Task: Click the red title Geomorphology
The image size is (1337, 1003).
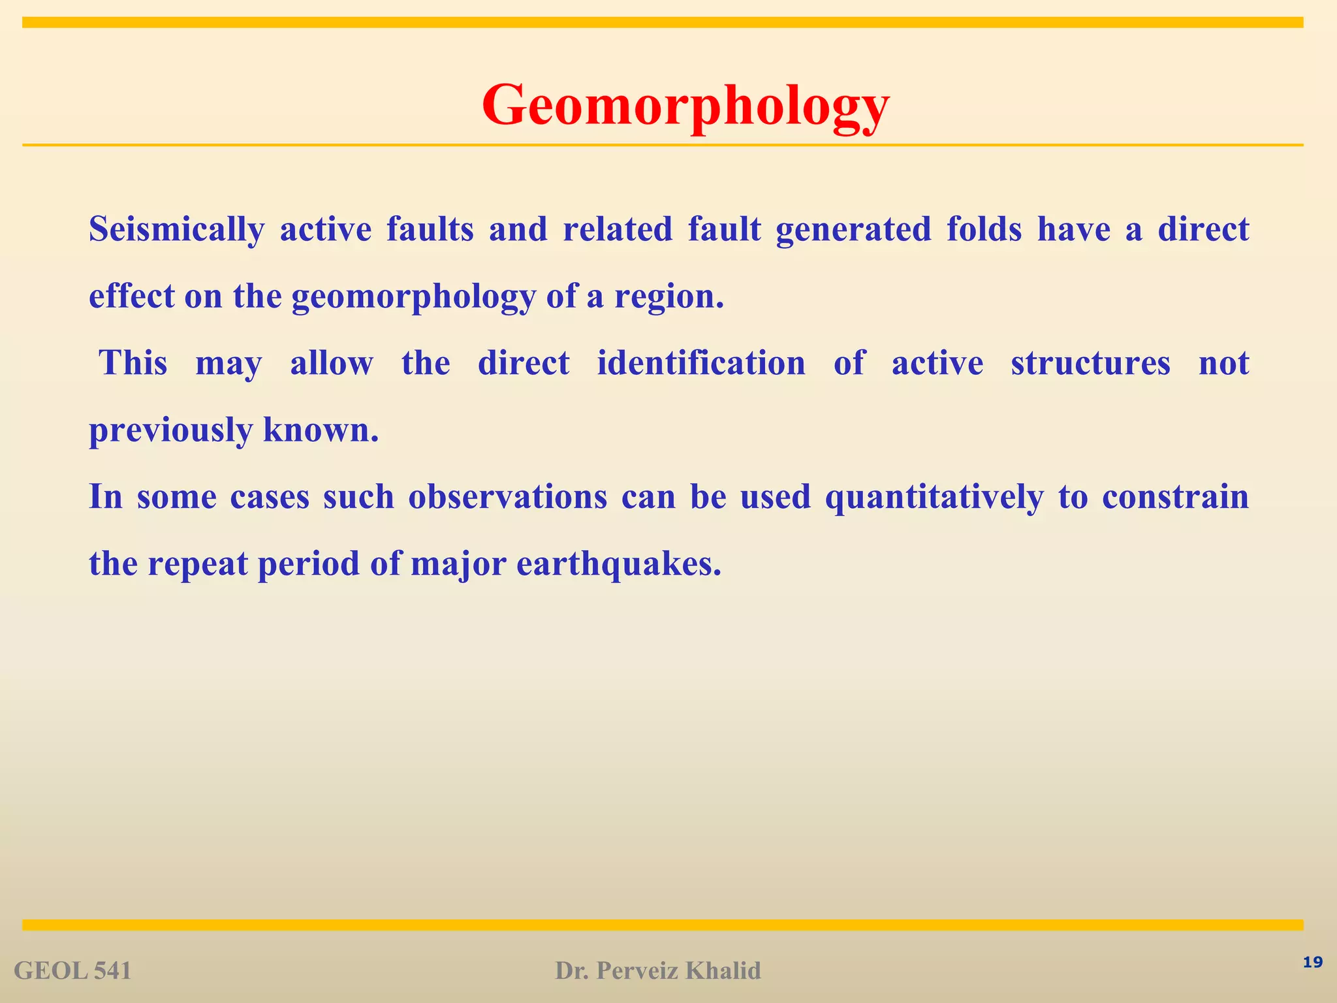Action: [685, 106]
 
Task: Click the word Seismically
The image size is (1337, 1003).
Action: [176, 230]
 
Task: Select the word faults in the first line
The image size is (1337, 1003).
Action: [430, 230]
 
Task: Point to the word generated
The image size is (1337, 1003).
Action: [853, 230]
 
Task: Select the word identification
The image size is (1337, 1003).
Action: [701, 364]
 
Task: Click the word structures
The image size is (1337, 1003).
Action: [1090, 364]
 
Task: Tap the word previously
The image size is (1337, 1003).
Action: [170, 431]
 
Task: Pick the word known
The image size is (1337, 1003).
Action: [321, 431]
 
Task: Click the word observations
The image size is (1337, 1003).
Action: [507, 498]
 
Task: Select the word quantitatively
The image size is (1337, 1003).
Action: [934, 498]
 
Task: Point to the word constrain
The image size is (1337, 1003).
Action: [1175, 498]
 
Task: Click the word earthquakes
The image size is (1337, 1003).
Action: [619, 564]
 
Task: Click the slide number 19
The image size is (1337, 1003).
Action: [1312, 963]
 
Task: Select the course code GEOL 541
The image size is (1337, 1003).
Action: [72, 971]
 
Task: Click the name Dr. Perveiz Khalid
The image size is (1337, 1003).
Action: [658, 971]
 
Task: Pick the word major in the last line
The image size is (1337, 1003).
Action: [458, 564]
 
